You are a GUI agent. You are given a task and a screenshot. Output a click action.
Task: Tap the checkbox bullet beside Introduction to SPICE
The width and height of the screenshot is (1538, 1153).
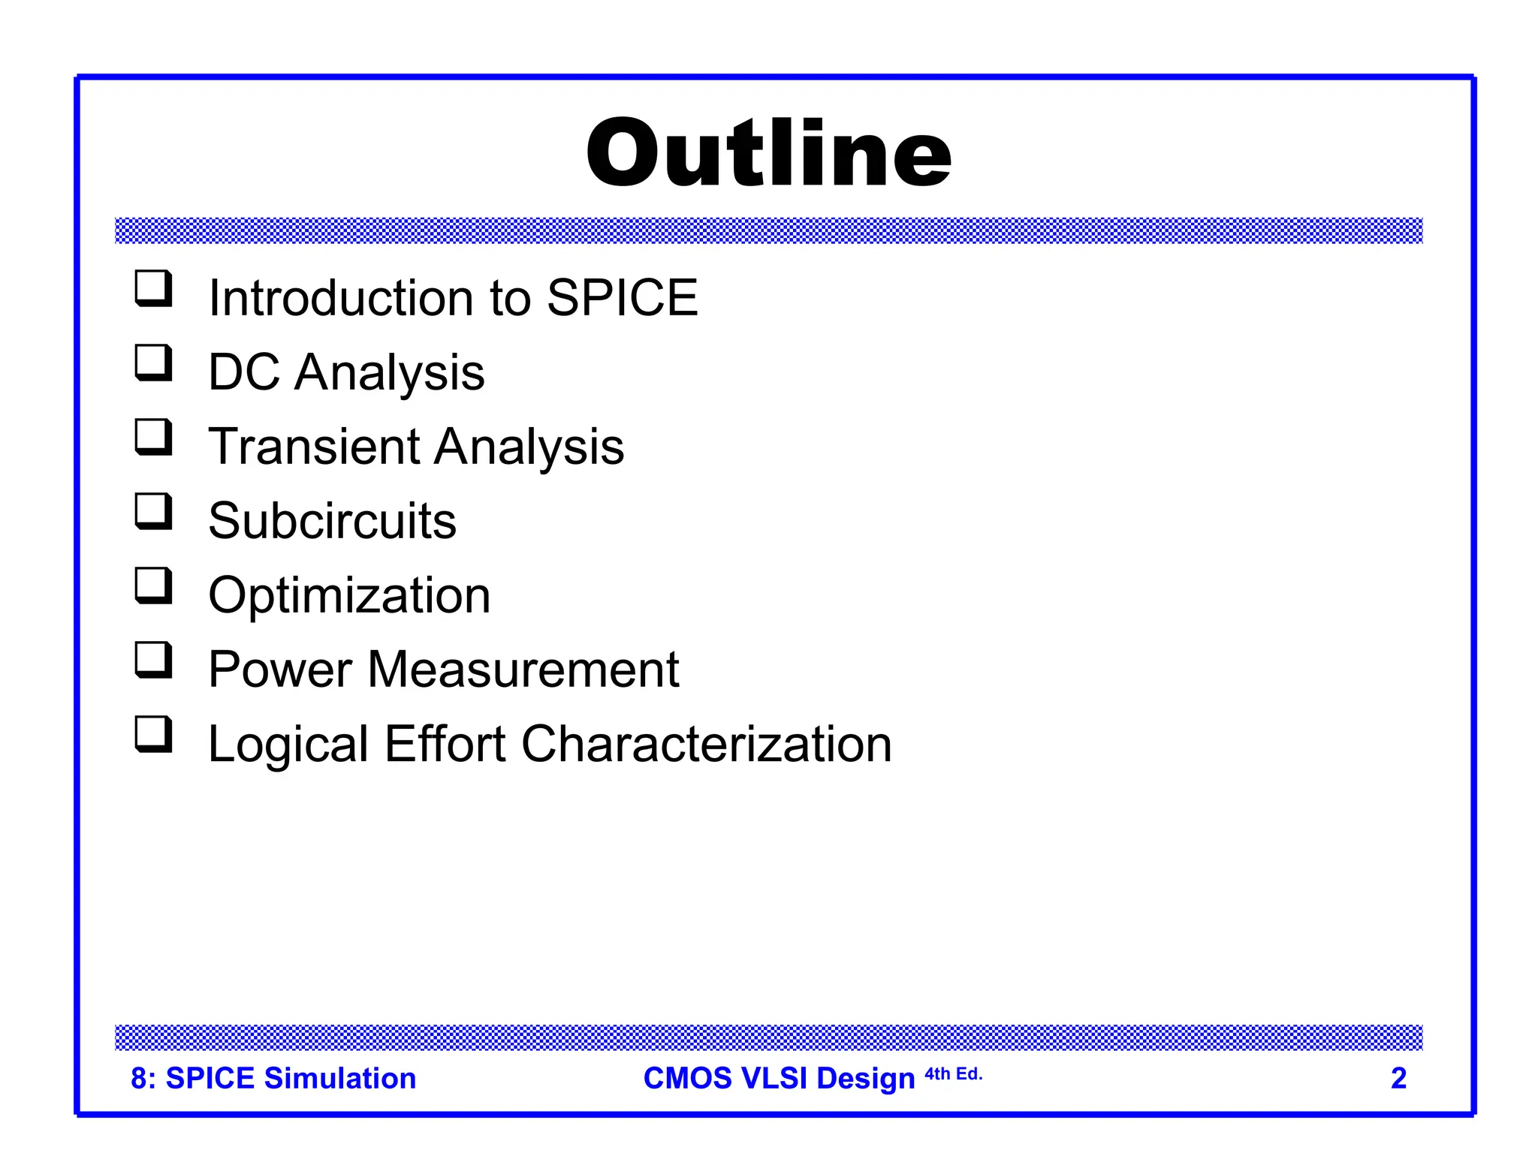(153, 289)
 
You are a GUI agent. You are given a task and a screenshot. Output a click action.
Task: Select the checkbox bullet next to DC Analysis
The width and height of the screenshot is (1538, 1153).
(153, 363)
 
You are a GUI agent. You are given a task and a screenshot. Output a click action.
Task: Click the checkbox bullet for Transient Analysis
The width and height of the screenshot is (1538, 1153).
(153, 438)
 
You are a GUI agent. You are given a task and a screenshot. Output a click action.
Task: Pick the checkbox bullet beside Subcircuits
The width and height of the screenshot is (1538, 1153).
(153, 512)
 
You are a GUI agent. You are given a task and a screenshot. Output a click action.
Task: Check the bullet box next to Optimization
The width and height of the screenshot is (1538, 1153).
(153, 586)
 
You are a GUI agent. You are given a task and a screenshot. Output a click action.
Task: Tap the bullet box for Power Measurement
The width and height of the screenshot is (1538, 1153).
(153, 661)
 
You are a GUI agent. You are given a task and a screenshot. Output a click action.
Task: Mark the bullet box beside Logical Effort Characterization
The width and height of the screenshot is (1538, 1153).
(153, 735)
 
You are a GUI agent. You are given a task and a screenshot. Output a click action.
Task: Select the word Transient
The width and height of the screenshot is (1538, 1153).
(314, 447)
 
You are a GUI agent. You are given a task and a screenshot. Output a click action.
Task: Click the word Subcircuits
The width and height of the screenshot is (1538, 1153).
(332, 521)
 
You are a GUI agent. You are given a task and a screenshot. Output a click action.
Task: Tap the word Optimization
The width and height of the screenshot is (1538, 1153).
(349, 595)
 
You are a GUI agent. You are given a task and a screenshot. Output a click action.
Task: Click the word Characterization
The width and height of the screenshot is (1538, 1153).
(706, 744)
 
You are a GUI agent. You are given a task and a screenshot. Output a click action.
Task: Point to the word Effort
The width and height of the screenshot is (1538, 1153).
(445, 744)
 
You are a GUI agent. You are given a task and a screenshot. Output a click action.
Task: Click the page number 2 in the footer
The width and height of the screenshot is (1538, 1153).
(1398, 1079)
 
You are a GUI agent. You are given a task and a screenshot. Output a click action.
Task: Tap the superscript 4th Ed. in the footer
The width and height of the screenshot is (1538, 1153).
(953, 1074)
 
